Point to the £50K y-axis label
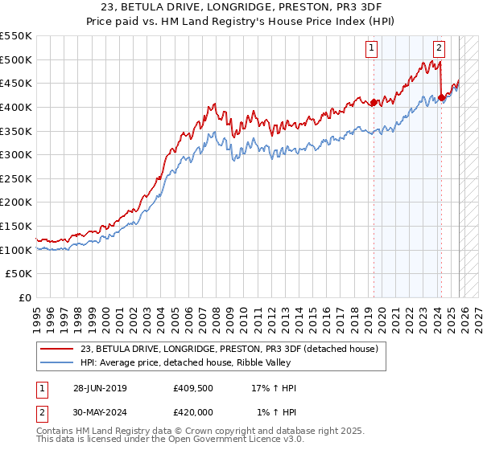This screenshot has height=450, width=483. pos(19,274)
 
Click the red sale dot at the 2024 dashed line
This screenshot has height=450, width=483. pos(442,97)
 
